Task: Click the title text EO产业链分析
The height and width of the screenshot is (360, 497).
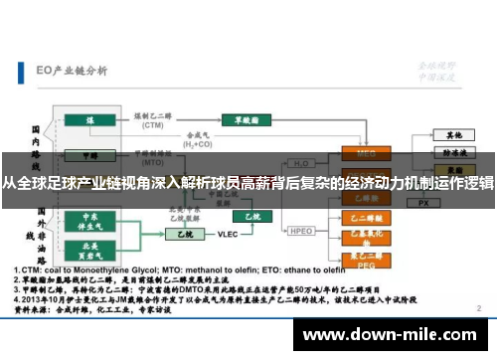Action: (x=71, y=70)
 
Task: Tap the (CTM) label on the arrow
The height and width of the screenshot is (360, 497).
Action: (x=152, y=127)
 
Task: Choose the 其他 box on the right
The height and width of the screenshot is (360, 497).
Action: (x=454, y=134)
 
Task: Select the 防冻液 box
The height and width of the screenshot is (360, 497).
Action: (x=454, y=154)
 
